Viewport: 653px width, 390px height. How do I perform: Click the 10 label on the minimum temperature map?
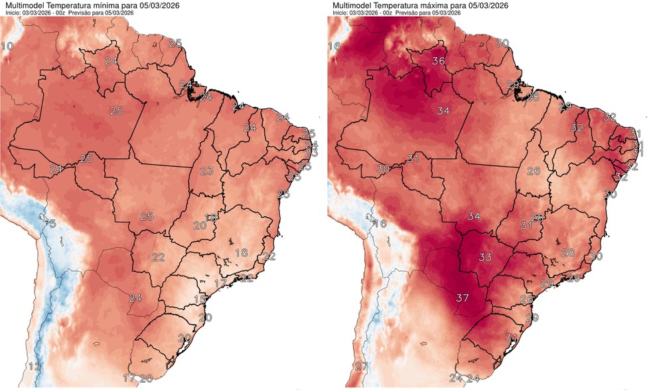(9, 47)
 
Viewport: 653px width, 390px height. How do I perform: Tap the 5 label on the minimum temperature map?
(52, 224)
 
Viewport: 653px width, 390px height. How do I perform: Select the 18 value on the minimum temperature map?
(242, 252)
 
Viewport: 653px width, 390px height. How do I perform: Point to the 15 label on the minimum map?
(200, 300)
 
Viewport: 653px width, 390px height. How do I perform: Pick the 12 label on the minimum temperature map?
(35, 367)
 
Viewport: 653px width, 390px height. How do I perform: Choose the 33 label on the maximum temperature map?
(485, 256)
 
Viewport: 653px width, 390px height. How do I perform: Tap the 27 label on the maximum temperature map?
(361, 367)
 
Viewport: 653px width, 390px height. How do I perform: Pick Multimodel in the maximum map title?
(354, 5)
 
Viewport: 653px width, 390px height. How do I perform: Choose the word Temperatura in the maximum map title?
(405, 5)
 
